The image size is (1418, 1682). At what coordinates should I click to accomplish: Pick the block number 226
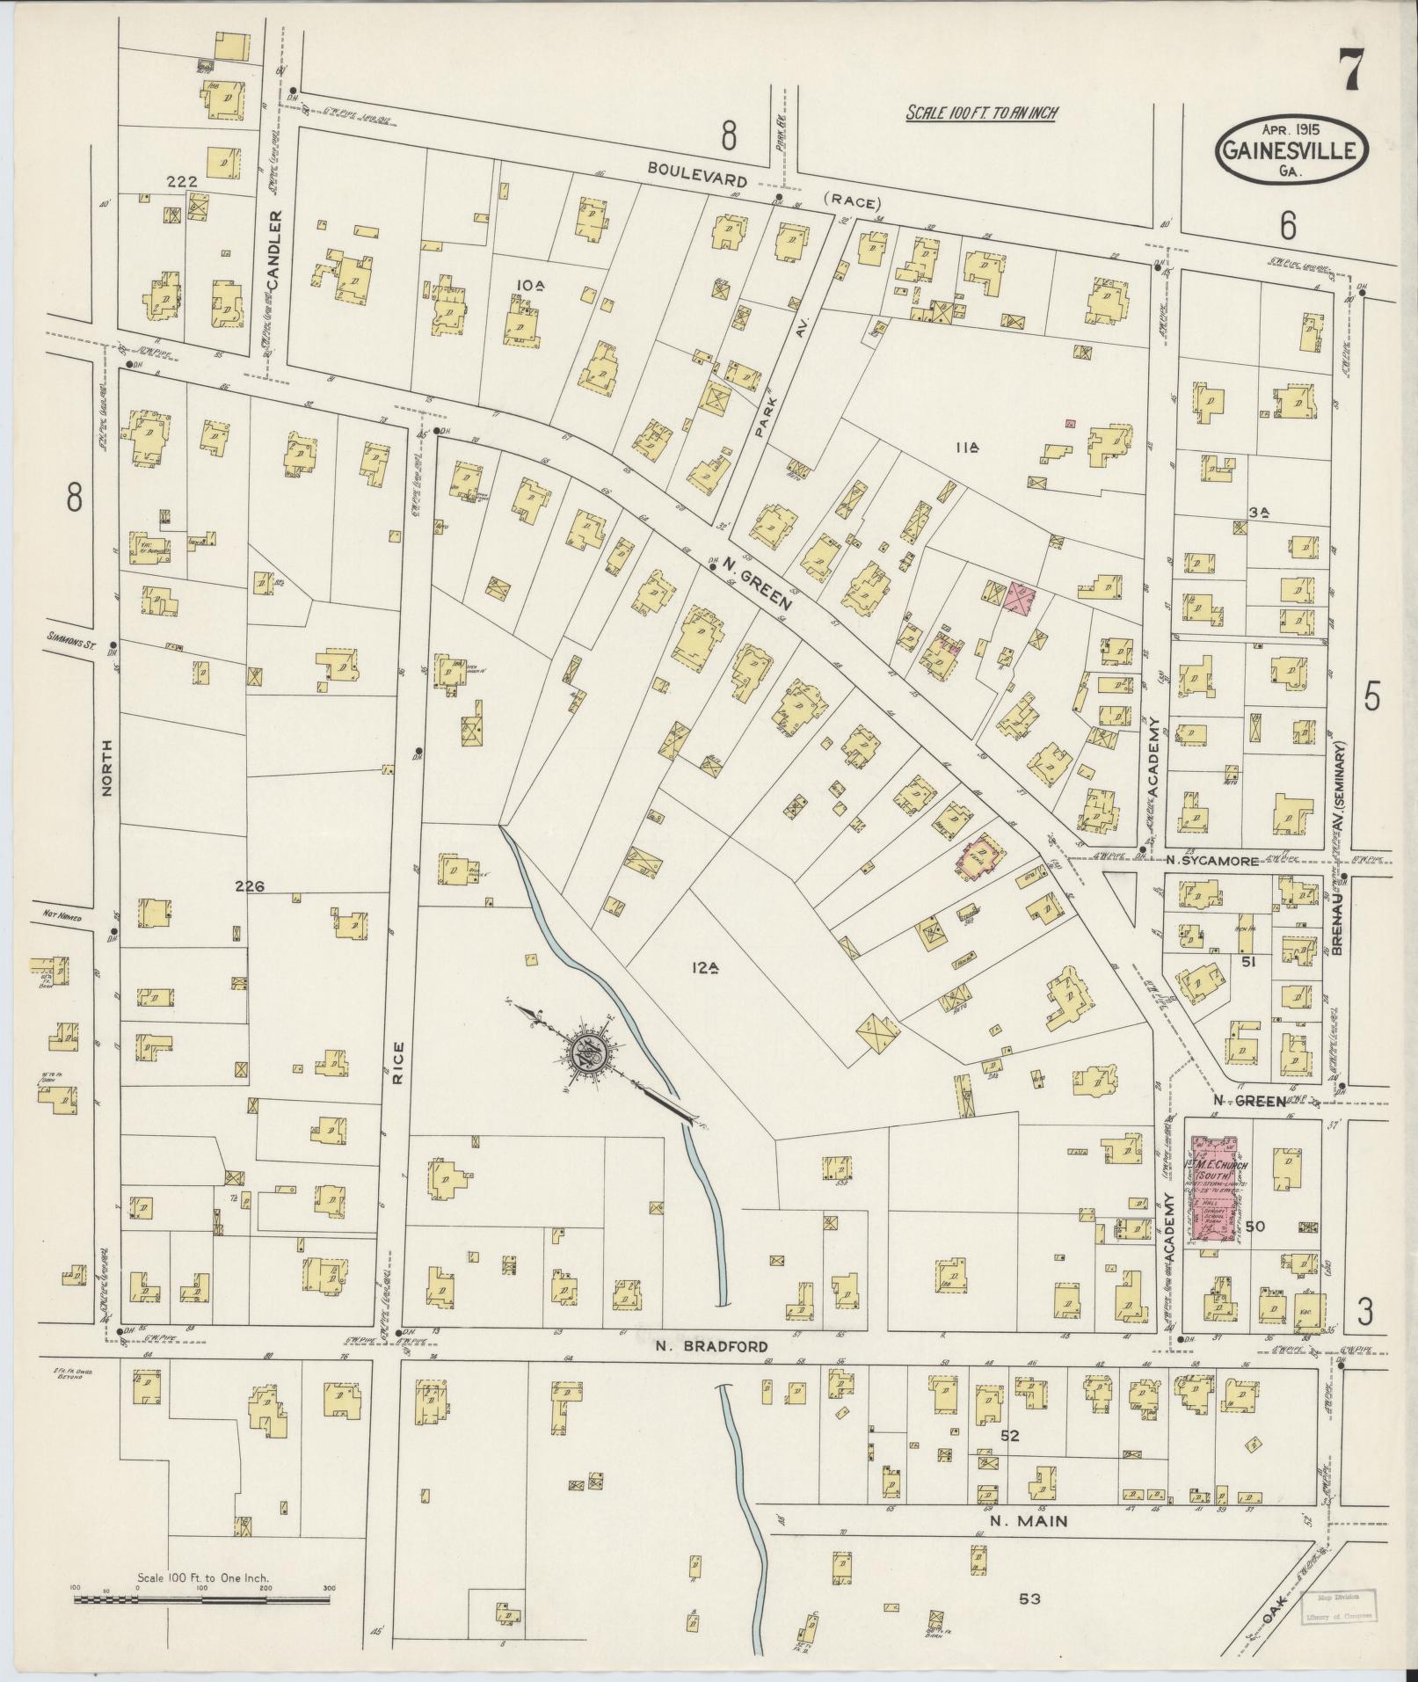[x=249, y=886]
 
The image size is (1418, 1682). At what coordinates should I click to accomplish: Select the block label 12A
[x=705, y=969]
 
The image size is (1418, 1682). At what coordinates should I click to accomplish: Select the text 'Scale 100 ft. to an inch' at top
[x=982, y=113]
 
